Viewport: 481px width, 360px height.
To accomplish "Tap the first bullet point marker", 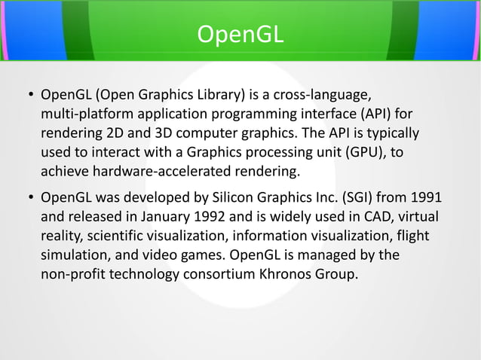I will pyautogui.click(x=30, y=96).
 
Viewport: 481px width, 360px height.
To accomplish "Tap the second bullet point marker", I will pyautogui.click(x=30, y=198).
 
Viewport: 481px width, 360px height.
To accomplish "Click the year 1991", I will pyautogui.click(x=427, y=198).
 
